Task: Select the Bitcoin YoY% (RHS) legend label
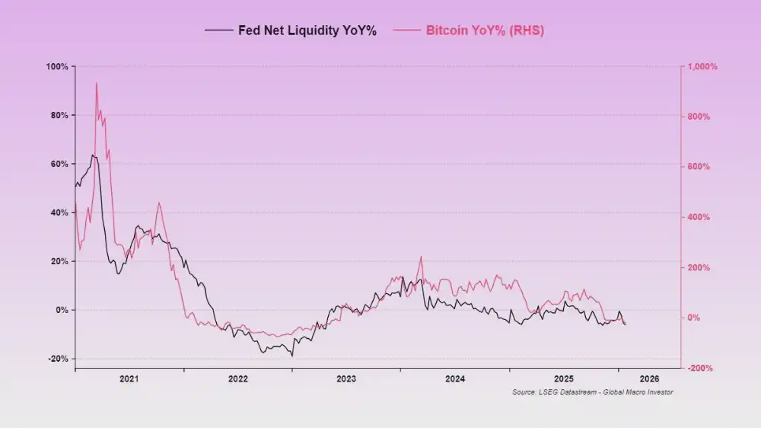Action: pyautogui.click(x=485, y=30)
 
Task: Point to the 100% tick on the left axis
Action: pyautogui.click(x=58, y=67)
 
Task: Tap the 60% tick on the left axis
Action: pyautogui.click(x=59, y=164)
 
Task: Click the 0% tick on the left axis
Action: pyautogui.click(x=62, y=310)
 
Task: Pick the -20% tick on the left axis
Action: pyautogui.click(x=58, y=359)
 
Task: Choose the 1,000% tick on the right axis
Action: pyautogui.click(x=702, y=67)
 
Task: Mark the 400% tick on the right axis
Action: pyautogui.click(x=699, y=217)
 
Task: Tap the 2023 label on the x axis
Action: pyautogui.click(x=346, y=378)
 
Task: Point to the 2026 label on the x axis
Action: pyautogui.click(x=649, y=378)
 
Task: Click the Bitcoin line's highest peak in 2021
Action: pyautogui.click(x=96, y=83)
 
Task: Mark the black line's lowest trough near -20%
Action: pyautogui.click(x=292, y=356)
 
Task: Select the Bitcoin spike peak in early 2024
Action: pyautogui.click(x=420, y=257)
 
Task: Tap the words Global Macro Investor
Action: pyautogui.click(x=642, y=392)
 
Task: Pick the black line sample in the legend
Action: pyautogui.click(x=219, y=30)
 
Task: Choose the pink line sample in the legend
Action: pyautogui.click(x=407, y=30)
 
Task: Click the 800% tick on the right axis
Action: pyautogui.click(x=699, y=117)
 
